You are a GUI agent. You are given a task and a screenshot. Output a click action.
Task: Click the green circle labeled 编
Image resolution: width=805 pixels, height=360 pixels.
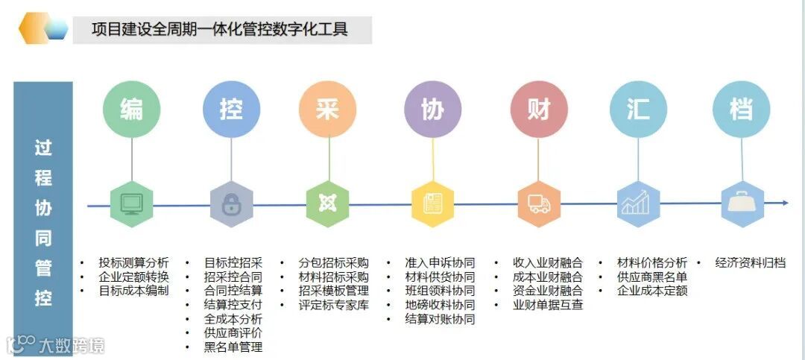pyautogui.click(x=131, y=110)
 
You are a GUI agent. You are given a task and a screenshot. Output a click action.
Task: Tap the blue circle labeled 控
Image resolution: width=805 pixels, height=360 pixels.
pyautogui.click(x=231, y=110)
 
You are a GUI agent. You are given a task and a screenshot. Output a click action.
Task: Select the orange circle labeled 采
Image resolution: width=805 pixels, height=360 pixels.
pyautogui.click(x=327, y=110)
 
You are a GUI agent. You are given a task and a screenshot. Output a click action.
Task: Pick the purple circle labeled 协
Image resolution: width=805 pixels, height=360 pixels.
pyautogui.click(x=432, y=110)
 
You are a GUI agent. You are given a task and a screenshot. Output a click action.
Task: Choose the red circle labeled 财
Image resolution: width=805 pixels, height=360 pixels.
pyautogui.click(x=539, y=110)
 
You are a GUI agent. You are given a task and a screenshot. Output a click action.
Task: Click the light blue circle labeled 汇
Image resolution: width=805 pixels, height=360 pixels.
pyautogui.click(x=638, y=110)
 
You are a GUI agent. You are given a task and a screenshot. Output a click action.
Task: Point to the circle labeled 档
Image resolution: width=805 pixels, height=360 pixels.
pyautogui.click(x=741, y=110)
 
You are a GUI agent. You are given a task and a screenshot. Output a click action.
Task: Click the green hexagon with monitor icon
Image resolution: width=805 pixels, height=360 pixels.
pyautogui.click(x=131, y=203)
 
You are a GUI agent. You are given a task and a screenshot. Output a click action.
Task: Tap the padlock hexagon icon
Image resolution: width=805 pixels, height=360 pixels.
pyautogui.click(x=231, y=203)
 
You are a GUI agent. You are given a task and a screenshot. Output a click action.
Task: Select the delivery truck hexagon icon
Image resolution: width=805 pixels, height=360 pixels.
pyautogui.click(x=539, y=203)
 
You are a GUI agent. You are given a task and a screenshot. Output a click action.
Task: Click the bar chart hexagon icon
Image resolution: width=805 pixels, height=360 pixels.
pyautogui.click(x=638, y=203)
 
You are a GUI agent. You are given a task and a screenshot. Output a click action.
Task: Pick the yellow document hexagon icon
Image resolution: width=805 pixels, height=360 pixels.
pyautogui.click(x=432, y=203)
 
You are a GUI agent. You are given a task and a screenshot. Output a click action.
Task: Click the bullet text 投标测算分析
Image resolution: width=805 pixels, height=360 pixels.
pyautogui.click(x=134, y=262)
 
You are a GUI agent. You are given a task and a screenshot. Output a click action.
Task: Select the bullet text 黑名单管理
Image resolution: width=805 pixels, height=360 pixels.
pyautogui.click(x=233, y=347)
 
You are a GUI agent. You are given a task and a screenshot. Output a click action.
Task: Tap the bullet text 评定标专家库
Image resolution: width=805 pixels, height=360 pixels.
pyautogui.click(x=334, y=305)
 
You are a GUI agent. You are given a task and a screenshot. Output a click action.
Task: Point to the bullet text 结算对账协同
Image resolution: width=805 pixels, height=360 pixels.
pyautogui.click(x=440, y=319)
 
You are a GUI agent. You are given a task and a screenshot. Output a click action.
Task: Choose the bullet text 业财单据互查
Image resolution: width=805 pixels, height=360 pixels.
pyautogui.click(x=548, y=305)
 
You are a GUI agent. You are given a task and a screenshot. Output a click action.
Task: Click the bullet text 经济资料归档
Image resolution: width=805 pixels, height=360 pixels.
pyautogui.click(x=750, y=262)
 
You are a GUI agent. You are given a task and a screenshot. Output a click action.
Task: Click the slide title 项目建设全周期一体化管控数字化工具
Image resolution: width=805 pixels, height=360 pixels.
pyautogui.click(x=220, y=30)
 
